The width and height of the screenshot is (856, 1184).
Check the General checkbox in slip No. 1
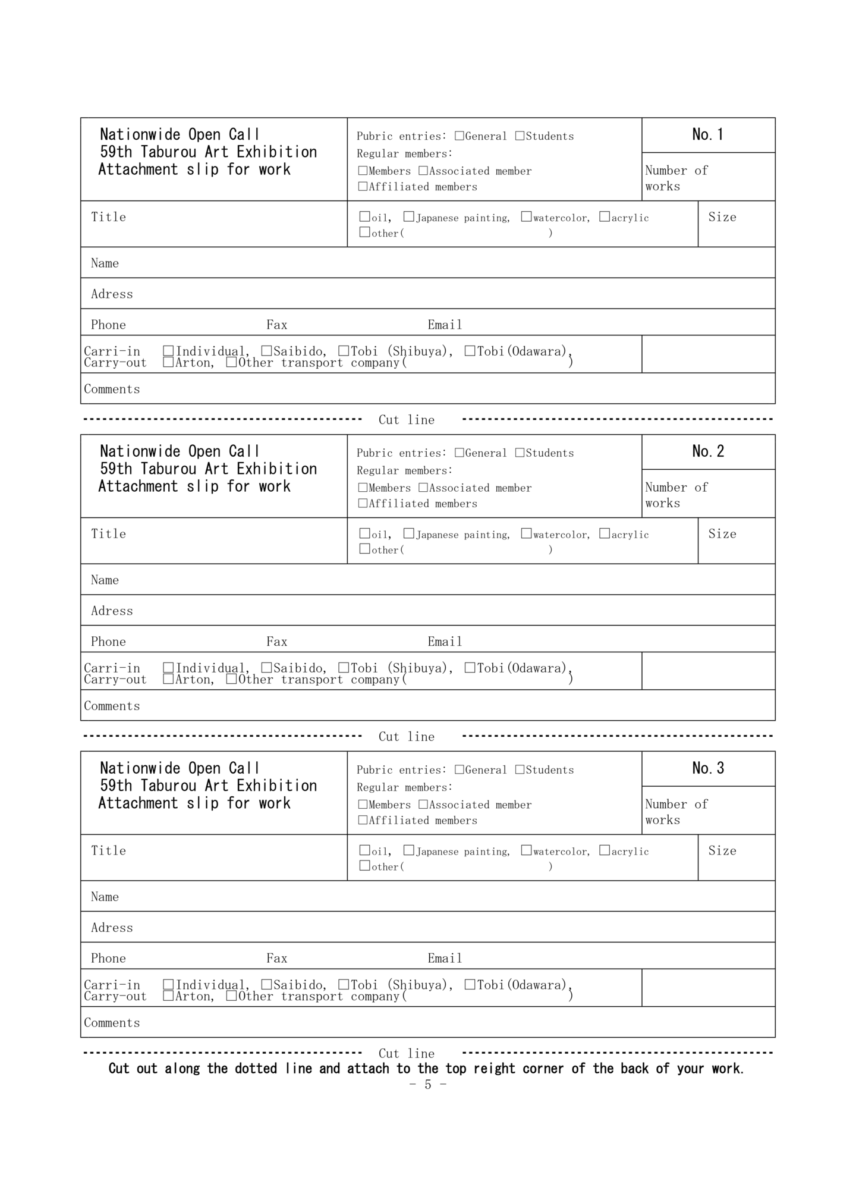tap(460, 136)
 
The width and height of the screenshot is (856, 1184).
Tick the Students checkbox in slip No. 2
tap(520, 453)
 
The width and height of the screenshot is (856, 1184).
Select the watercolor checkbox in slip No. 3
tap(526, 850)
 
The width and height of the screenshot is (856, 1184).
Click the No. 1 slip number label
tap(708, 135)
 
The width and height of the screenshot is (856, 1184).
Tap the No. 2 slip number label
tap(708, 452)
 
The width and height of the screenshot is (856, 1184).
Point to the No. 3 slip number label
tap(708, 769)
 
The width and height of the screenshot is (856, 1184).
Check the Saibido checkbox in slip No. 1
tap(266, 351)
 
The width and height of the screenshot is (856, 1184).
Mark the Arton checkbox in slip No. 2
tap(169, 679)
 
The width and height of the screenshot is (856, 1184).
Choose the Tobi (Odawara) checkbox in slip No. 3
tap(470, 985)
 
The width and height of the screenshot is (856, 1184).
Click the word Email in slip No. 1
tap(445, 325)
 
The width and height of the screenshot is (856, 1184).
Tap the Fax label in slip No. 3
tap(277, 959)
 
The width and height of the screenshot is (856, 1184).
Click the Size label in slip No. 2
tap(722, 534)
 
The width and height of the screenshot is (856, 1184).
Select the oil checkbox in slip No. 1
tap(364, 217)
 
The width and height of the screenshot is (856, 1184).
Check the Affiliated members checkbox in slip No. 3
tap(363, 820)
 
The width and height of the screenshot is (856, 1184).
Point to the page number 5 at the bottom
tap(427, 1084)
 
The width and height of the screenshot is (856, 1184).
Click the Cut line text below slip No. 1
tap(407, 420)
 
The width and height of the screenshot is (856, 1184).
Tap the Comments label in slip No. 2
tap(112, 706)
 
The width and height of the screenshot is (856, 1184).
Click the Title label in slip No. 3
tap(108, 850)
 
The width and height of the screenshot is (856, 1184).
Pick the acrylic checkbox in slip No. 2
tap(605, 533)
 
